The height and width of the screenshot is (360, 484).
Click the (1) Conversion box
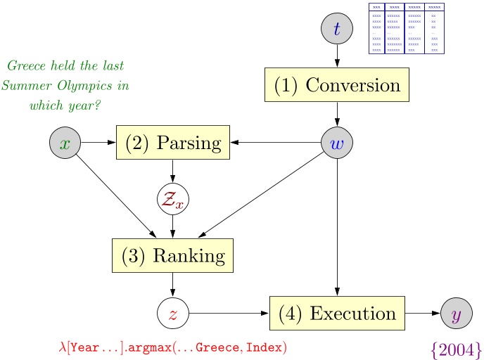337,86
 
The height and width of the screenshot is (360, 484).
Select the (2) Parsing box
173,143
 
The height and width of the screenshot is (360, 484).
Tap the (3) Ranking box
173,255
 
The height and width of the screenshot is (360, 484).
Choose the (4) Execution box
337,313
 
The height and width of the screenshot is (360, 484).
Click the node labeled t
337,29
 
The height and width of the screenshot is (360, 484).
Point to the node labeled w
337,143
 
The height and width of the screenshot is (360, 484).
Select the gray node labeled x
65,143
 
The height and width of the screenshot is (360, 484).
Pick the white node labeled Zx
173,199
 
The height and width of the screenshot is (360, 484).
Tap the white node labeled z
173,313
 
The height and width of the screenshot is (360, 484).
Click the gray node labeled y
457,313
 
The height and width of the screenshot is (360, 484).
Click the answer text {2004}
456,348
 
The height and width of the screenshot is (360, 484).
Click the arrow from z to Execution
229,313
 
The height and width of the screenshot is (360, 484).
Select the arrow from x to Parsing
98,143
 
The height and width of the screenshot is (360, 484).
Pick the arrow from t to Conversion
337,56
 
